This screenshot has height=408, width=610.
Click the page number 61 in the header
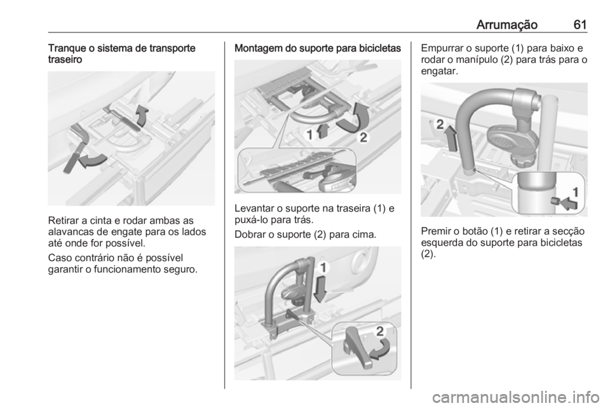pyautogui.click(x=579, y=25)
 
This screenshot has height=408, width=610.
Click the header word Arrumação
pyautogui.click(x=506, y=25)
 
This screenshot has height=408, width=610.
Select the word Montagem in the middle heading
pyautogui.click(x=255, y=49)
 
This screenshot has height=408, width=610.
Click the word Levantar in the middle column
pyautogui.click(x=254, y=208)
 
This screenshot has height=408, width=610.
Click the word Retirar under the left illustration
pyautogui.click(x=64, y=221)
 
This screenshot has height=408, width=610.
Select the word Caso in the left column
pyautogui.click(x=58, y=258)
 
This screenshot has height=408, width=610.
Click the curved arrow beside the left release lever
pyautogui.click(x=92, y=160)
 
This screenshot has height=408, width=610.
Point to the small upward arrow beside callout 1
pyautogui.click(x=322, y=131)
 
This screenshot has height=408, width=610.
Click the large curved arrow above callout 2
pyautogui.click(x=353, y=118)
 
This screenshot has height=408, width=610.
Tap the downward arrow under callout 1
pyautogui.click(x=321, y=288)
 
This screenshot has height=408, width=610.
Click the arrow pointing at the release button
pyautogui.click(x=568, y=203)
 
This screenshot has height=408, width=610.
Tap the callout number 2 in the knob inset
pyautogui.click(x=380, y=331)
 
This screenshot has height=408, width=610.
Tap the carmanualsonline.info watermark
pyautogui.click(x=516, y=398)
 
